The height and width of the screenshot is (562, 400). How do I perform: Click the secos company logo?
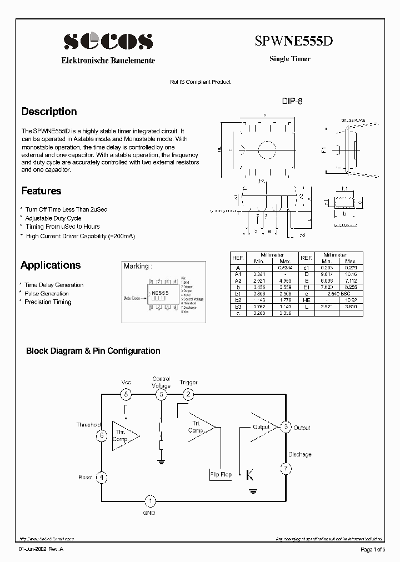click(108, 41)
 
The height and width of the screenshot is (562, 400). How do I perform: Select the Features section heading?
click(41, 191)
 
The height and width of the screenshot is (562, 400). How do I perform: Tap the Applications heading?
click(51, 265)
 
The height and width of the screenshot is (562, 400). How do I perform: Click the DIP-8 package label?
click(292, 102)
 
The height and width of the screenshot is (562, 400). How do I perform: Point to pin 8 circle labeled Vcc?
click(127, 394)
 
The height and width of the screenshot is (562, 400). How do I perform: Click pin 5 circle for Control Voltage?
click(161, 394)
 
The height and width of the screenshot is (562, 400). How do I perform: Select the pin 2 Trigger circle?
click(188, 394)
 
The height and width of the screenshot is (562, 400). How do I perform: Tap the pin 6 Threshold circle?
click(101, 436)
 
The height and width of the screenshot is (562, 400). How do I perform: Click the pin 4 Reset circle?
click(101, 477)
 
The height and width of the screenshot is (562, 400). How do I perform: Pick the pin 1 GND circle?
click(149, 501)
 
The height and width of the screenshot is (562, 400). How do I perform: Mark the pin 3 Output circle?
click(286, 427)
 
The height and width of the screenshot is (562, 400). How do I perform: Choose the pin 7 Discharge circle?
click(286, 468)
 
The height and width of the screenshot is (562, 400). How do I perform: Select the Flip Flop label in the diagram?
click(221, 475)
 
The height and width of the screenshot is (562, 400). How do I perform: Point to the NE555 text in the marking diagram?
click(160, 293)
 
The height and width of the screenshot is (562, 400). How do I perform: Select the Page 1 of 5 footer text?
click(372, 549)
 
